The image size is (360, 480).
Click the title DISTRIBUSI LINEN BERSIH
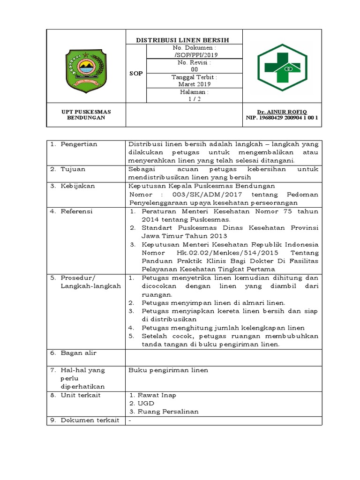[x=183, y=40]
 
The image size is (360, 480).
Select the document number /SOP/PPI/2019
[x=195, y=54]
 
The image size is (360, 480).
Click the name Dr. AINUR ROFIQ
[x=282, y=112]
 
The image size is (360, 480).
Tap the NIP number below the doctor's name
[x=282, y=118]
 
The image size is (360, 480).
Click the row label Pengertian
[x=79, y=144]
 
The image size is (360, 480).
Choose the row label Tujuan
[x=73, y=169]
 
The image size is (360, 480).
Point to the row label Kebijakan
[x=77, y=186]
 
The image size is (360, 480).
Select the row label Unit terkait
[x=80, y=395]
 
